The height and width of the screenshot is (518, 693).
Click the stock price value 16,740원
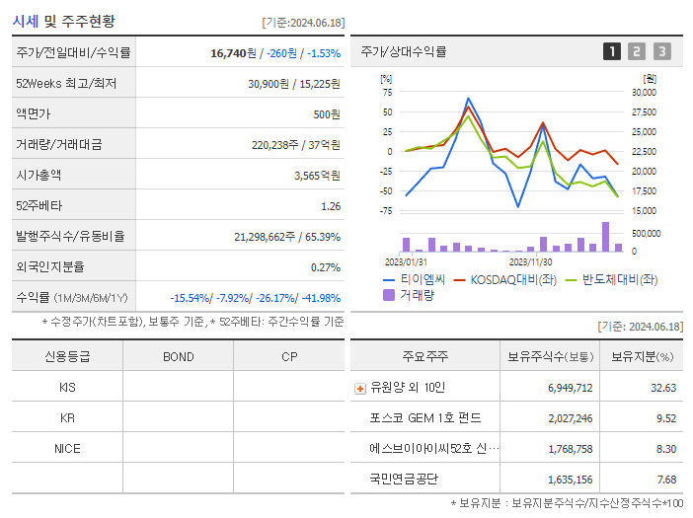pos(233,52)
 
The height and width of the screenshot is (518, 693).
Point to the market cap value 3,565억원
pos(317,176)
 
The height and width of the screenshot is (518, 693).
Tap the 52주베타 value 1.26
pos(331,206)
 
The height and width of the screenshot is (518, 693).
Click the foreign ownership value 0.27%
pos(326,267)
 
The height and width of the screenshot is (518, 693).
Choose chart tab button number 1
pos(612,51)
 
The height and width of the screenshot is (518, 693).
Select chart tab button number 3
pos(661,51)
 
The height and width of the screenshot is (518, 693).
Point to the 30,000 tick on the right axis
pos(643,92)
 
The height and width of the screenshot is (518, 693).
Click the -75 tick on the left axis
pos(386,210)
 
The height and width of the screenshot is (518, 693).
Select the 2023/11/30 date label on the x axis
pos(531,261)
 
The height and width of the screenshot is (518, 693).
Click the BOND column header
pos(178,356)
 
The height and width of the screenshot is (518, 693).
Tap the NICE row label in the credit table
pos(67,448)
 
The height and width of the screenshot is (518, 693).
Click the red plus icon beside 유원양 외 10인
pos(359,388)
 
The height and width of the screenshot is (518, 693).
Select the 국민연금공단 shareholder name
pos(404,480)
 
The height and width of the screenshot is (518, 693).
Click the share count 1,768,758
pos(571,449)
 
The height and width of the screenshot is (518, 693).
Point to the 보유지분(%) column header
pos(642,356)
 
